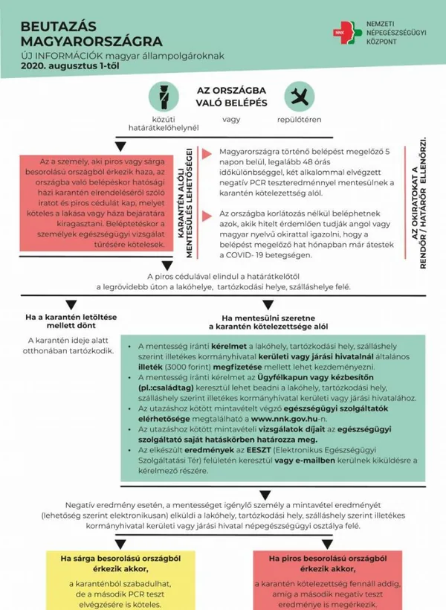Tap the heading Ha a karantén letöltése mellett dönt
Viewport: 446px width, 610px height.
71,321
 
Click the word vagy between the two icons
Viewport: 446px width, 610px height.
232,118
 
